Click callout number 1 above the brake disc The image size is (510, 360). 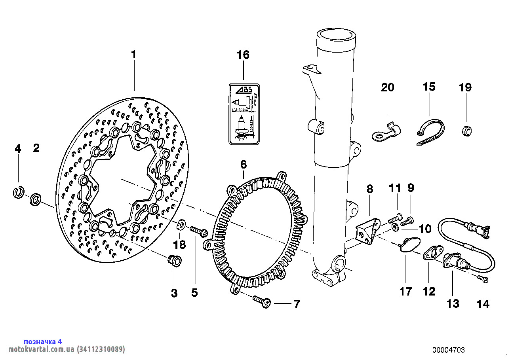[134, 54]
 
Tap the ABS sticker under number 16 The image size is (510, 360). [244, 114]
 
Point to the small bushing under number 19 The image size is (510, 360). [467, 130]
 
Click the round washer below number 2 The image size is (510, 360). [36, 199]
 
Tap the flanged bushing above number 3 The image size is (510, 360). [174, 261]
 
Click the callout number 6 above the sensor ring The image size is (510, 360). [243, 164]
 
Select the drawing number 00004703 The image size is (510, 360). [449, 350]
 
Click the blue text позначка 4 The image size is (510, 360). [43, 341]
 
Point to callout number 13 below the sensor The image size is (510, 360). [453, 303]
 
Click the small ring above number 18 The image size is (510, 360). [181, 224]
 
